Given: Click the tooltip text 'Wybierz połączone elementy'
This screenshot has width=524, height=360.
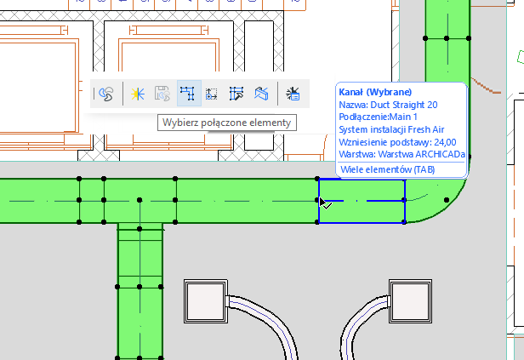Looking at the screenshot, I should (225, 123).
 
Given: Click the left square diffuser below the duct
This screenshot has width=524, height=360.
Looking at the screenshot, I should (203, 299).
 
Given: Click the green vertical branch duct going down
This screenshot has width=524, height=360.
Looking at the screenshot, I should (140, 289).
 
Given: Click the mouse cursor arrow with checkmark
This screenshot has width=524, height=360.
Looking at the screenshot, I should (324, 203).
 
